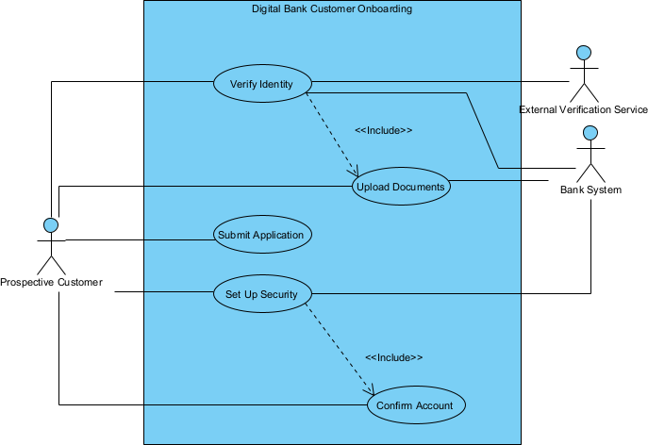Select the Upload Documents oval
400,187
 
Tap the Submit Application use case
260,235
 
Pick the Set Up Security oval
261,294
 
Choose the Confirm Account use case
415,405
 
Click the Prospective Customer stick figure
51,247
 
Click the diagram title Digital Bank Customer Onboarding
332,9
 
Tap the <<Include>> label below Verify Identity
384,130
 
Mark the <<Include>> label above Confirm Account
393,358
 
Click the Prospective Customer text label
51,282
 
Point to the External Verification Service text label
584,110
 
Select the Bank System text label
591,190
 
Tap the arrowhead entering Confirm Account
373,391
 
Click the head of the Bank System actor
591,131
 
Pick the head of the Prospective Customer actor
51,224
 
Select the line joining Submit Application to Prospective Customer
141,239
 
